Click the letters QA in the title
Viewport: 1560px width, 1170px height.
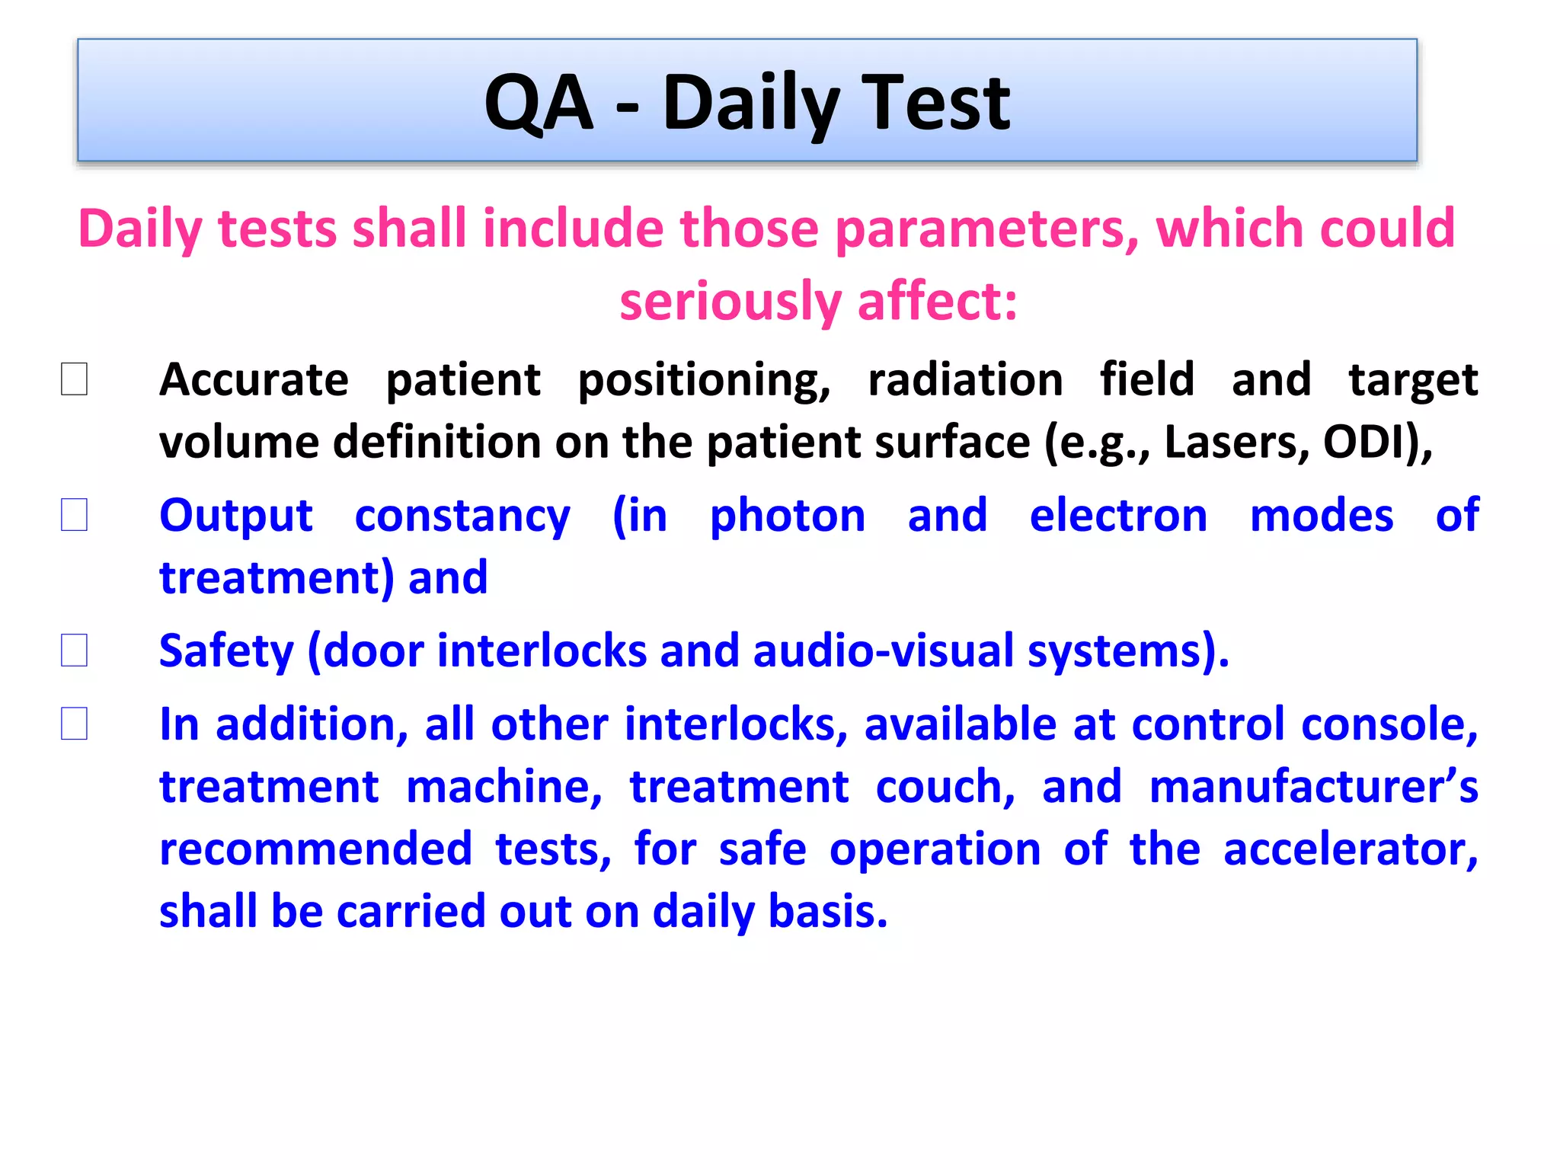point(539,103)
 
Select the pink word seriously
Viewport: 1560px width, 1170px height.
point(730,302)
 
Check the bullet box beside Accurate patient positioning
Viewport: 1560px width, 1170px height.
point(74,379)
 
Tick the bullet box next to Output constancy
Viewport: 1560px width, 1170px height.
point(74,515)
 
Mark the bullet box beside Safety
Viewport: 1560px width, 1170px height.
point(74,651)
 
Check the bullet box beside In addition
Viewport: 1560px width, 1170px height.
point(74,724)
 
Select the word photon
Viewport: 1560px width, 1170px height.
point(788,516)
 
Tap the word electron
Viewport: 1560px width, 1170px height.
point(1118,516)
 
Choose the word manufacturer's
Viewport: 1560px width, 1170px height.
point(1313,786)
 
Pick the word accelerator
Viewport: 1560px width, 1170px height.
point(1350,849)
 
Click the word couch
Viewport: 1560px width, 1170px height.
point(945,786)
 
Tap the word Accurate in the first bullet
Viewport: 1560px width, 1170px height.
point(254,379)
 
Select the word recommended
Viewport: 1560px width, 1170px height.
point(315,849)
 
